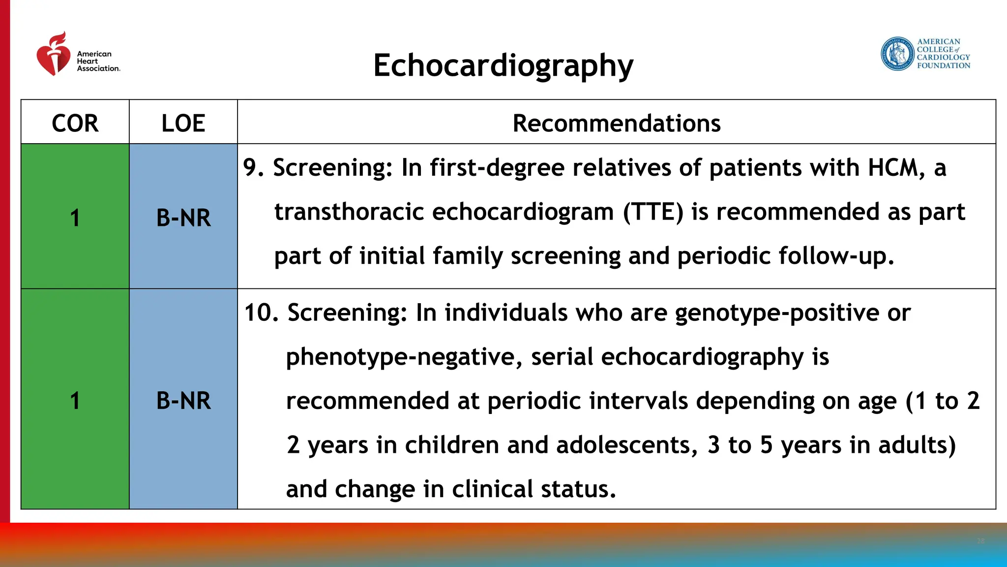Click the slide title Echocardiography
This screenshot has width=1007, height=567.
pyautogui.click(x=503, y=66)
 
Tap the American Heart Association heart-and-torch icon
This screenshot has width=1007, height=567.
pyautogui.click(x=54, y=55)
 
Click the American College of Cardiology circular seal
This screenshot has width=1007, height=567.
pyautogui.click(x=897, y=54)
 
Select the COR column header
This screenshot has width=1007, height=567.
pyautogui.click(x=75, y=123)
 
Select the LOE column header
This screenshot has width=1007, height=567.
pyautogui.click(x=183, y=123)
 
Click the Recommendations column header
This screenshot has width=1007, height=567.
pyautogui.click(x=616, y=123)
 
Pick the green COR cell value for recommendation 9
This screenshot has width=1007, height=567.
pyautogui.click(x=75, y=218)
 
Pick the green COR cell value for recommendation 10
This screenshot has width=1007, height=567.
pyautogui.click(x=75, y=400)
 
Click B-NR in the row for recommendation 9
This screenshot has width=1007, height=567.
pyautogui.click(x=183, y=218)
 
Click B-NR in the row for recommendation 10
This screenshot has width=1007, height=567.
pyautogui.click(x=183, y=400)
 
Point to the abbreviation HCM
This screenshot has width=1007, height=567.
pyautogui.click(x=893, y=167)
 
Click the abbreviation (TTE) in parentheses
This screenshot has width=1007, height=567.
pyautogui.click(x=653, y=212)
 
